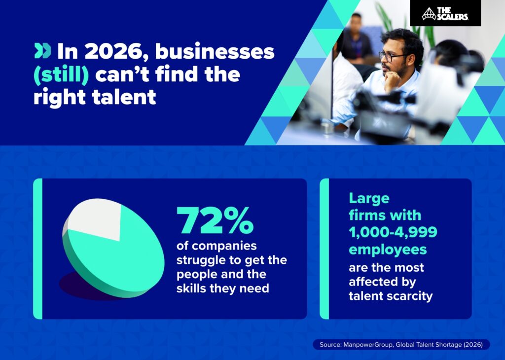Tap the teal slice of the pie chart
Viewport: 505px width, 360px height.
pyautogui.click(x=118, y=261)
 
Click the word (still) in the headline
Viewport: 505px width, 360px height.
pyautogui.click(x=61, y=74)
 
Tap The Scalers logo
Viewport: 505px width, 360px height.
pyautogui.click(x=445, y=13)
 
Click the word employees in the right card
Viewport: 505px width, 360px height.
pyautogui.click(x=388, y=249)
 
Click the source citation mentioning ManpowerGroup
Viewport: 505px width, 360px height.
pyautogui.click(x=401, y=344)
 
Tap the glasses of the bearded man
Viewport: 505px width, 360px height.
pyautogui.click(x=392, y=56)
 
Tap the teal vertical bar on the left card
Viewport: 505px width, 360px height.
pyautogui.click(x=38, y=249)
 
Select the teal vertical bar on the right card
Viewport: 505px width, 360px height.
pyautogui.click(x=324, y=249)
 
